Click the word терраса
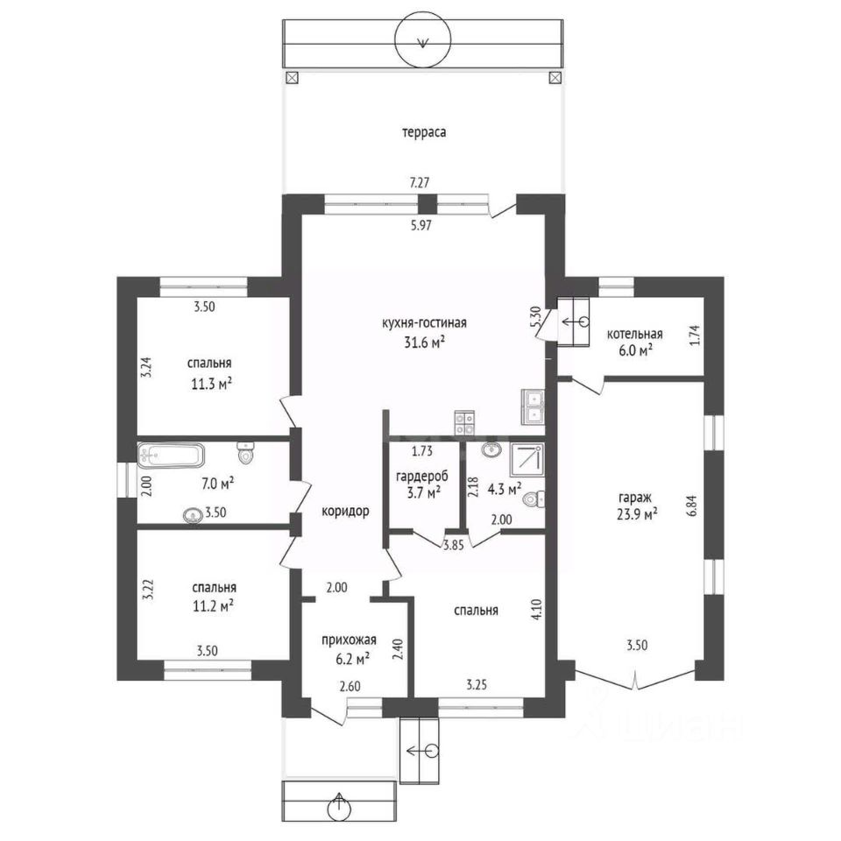pyautogui.click(x=424, y=132)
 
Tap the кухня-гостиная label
pyautogui.click(x=424, y=323)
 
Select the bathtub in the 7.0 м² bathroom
pyautogui.click(x=171, y=456)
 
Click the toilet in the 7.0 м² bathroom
pyautogui.click(x=245, y=453)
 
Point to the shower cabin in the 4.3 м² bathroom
pyautogui.click(x=527, y=460)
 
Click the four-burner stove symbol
pyautogui.click(x=464, y=422)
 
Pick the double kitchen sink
pyautogui.click(x=533, y=407)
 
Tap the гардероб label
pyautogui.click(x=421, y=477)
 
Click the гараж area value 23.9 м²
pyautogui.click(x=637, y=514)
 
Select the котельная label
pyautogui.click(x=634, y=334)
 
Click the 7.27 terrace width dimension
pyautogui.click(x=420, y=183)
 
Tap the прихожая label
pyautogui.click(x=349, y=640)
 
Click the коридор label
pyautogui.click(x=345, y=511)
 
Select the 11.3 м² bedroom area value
pyautogui.click(x=212, y=384)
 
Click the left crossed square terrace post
pyautogui.click(x=292, y=78)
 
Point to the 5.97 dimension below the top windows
pyautogui.click(x=421, y=226)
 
